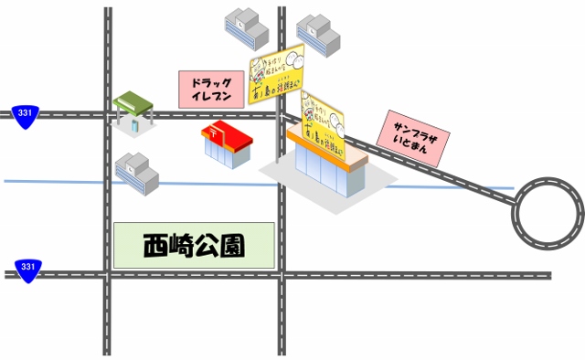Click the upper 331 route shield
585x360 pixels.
27,112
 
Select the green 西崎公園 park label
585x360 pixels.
194,245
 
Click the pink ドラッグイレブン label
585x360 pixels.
212,89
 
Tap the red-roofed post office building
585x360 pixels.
227,144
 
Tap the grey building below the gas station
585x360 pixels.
136,173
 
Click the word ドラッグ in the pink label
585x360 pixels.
212,81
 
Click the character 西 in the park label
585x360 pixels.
155,245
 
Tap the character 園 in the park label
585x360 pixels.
232,245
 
